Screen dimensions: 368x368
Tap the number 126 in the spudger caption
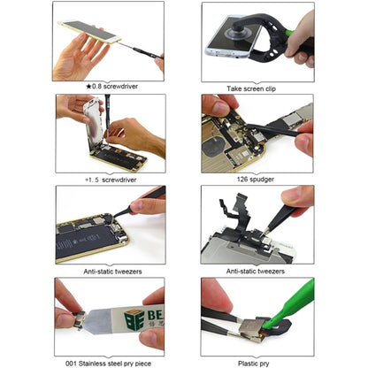pyautogui.click(x=234, y=179)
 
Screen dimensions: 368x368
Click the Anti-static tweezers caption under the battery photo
pyautogui.click(x=110, y=272)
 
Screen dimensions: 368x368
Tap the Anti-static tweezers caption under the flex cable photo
pyautogui.click(x=257, y=272)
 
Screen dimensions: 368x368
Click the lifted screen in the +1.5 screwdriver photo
pyautogui.click(x=88, y=124)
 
